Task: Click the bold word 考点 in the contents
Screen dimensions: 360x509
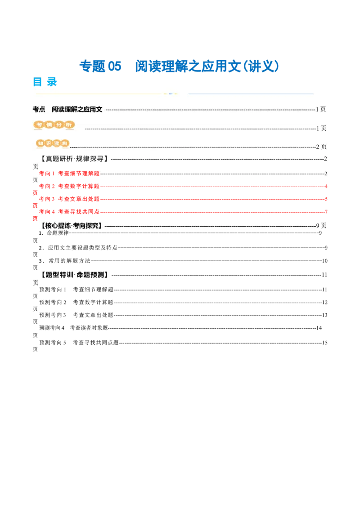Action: point(39,109)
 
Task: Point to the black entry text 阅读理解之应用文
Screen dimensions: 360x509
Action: point(77,109)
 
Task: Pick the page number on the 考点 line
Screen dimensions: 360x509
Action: point(321,109)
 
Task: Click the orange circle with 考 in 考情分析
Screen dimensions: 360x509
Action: point(40,125)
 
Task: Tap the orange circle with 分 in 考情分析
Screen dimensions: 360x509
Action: point(58,125)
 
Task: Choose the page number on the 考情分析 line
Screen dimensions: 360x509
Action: point(321,129)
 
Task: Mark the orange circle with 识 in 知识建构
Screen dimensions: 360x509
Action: point(49,143)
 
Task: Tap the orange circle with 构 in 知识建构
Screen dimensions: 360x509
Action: point(65,143)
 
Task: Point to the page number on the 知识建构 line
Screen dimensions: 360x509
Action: point(321,147)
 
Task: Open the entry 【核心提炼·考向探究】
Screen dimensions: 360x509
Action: point(71,226)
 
